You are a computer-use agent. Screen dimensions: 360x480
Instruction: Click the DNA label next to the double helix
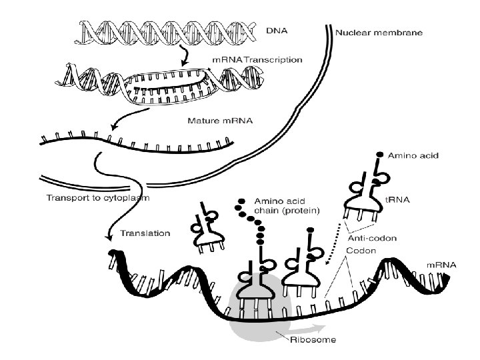(x=274, y=30)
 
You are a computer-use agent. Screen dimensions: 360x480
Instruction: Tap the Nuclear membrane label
(x=379, y=31)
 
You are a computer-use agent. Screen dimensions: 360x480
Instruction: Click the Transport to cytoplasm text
(x=98, y=198)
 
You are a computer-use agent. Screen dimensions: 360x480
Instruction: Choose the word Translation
(x=145, y=233)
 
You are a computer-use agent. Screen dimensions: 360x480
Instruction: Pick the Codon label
(x=361, y=251)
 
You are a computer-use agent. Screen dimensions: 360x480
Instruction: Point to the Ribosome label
(x=312, y=339)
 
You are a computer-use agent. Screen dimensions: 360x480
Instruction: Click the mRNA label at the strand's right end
(x=441, y=265)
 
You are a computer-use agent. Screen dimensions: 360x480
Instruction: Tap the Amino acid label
(x=409, y=155)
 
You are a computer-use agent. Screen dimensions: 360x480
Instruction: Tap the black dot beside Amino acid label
(x=379, y=155)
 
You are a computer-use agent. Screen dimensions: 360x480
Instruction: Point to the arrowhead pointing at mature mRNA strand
(x=115, y=128)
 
